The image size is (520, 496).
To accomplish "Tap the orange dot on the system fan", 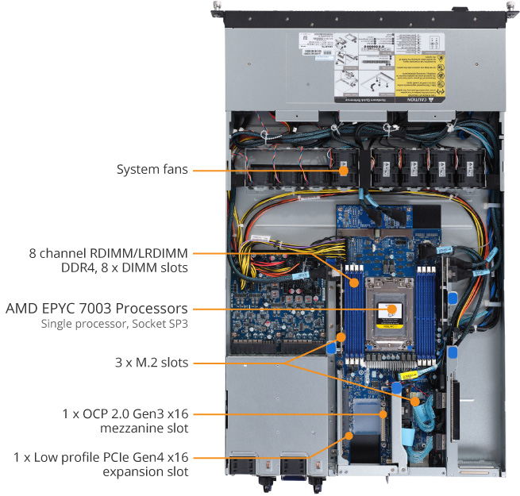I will point(344,169).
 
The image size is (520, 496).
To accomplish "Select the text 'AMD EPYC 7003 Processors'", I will point(97,307).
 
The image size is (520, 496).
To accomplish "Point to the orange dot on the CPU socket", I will point(388,308).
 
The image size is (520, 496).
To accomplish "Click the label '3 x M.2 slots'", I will point(152,363).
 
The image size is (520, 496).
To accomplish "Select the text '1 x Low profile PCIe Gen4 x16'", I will point(101,458).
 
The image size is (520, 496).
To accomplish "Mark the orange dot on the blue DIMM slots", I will point(356,281).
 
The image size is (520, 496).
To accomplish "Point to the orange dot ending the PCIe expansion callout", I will point(348,435).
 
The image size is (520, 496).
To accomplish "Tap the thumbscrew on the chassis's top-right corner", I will point(506,8).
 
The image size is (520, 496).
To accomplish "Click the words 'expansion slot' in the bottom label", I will point(146,472).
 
